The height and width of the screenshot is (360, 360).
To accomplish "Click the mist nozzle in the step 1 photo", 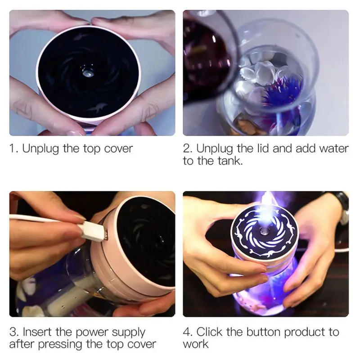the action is point(87,72).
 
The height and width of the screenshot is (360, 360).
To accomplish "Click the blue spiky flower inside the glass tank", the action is point(282,91).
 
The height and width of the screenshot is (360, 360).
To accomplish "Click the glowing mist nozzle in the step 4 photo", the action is point(265,233).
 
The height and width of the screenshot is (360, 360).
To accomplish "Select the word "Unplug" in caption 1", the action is point(40,149).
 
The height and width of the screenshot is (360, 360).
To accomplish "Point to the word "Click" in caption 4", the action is point(209,332).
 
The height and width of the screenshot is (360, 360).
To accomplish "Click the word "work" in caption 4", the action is point(196,344).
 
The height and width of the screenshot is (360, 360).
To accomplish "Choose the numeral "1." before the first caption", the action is point(14,148).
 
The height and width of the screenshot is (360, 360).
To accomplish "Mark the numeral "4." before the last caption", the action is point(188,332).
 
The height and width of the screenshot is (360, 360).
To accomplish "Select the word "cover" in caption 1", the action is point(118,149).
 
